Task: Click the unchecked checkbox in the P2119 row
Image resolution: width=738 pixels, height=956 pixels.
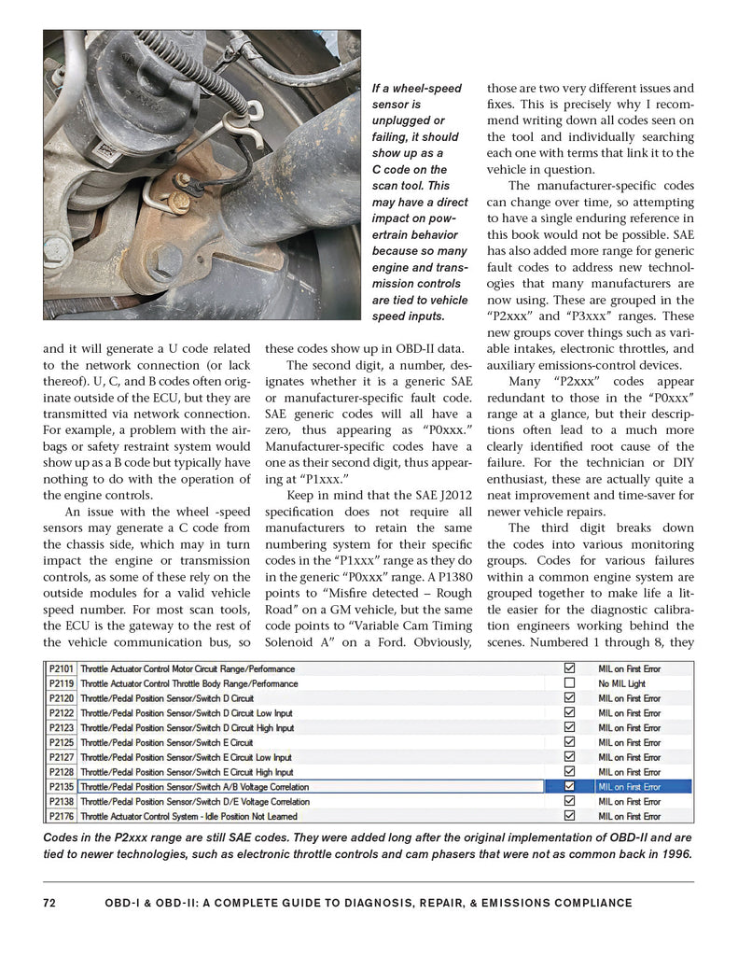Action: (569, 683)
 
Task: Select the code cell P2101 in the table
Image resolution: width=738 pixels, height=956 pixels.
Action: (62, 668)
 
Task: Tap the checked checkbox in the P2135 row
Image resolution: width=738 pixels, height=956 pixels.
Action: (569, 787)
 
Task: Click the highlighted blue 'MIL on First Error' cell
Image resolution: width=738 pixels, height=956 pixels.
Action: (643, 787)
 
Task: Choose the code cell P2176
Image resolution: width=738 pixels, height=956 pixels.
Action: (62, 817)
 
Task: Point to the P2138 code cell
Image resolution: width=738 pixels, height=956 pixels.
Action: (62, 802)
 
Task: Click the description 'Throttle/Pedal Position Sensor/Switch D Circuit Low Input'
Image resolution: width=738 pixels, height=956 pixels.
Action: (187, 713)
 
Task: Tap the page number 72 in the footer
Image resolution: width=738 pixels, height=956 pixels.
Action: (51, 903)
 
